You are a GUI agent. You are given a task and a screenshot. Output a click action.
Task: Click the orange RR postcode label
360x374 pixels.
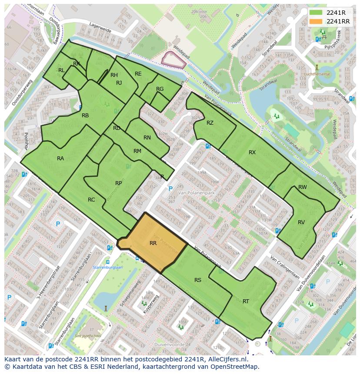153,243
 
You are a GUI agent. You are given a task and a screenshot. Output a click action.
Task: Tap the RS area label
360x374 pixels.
198,280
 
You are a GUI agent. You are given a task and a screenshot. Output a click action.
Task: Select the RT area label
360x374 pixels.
246,301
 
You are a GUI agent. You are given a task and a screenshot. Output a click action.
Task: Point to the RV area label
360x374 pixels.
301,222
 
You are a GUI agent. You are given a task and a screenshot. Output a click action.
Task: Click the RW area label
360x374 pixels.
303,187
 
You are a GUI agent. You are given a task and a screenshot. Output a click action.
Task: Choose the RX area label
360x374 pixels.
252,152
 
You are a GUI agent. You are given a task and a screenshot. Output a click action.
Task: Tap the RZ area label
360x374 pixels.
210,123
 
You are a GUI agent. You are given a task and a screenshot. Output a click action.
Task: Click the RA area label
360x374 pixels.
60,159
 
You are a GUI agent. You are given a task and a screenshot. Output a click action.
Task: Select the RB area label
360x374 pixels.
85,115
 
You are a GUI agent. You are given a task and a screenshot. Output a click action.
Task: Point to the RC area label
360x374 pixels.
91,200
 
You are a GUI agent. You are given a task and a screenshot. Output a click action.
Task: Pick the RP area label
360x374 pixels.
118,183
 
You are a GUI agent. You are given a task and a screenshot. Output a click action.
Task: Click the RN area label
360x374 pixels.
147,138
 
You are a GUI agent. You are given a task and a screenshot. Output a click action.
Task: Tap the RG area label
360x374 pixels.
160,89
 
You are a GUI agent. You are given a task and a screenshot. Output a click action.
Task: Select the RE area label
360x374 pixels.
138,74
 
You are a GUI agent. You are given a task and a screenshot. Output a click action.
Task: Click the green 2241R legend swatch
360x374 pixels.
317,13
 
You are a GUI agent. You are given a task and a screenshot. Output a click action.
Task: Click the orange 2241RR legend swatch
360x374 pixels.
317,21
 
